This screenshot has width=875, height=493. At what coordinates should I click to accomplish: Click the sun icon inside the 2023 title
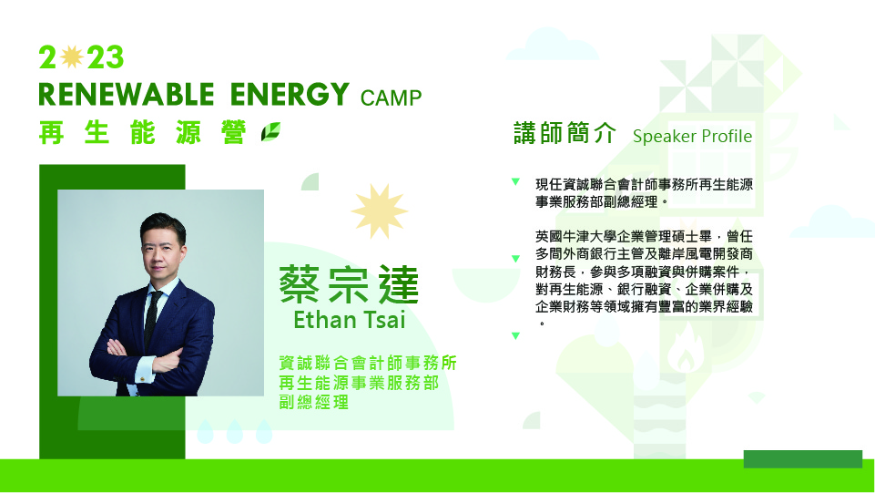coord(71,56)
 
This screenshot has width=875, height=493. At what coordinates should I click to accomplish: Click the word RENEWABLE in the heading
coord(127,95)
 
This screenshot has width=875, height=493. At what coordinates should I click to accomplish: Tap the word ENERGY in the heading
coord(290,95)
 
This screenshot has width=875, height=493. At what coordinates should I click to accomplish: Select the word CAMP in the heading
coord(391,98)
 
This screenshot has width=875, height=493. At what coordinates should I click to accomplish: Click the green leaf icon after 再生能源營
coord(270,132)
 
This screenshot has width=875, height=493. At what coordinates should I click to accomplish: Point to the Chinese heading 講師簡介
coord(565,133)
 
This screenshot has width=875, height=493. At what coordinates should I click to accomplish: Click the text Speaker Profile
coord(692,136)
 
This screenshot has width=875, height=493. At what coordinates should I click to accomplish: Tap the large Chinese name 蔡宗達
coord(349,284)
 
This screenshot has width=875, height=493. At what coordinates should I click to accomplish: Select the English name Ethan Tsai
coord(350,320)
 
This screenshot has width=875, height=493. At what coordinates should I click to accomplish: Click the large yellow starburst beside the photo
coord(380,211)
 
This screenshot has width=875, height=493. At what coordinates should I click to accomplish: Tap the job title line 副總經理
coord(313,402)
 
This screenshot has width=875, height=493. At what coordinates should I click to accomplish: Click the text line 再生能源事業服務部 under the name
coord(359,383)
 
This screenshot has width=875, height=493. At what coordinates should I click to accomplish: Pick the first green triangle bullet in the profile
coord(515,181)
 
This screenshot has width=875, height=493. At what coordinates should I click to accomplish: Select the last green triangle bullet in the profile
coord(515,335)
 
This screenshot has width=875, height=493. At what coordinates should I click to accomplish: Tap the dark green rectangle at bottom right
coord(803,459)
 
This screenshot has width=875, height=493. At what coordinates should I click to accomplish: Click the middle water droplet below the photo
coord(234,431)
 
